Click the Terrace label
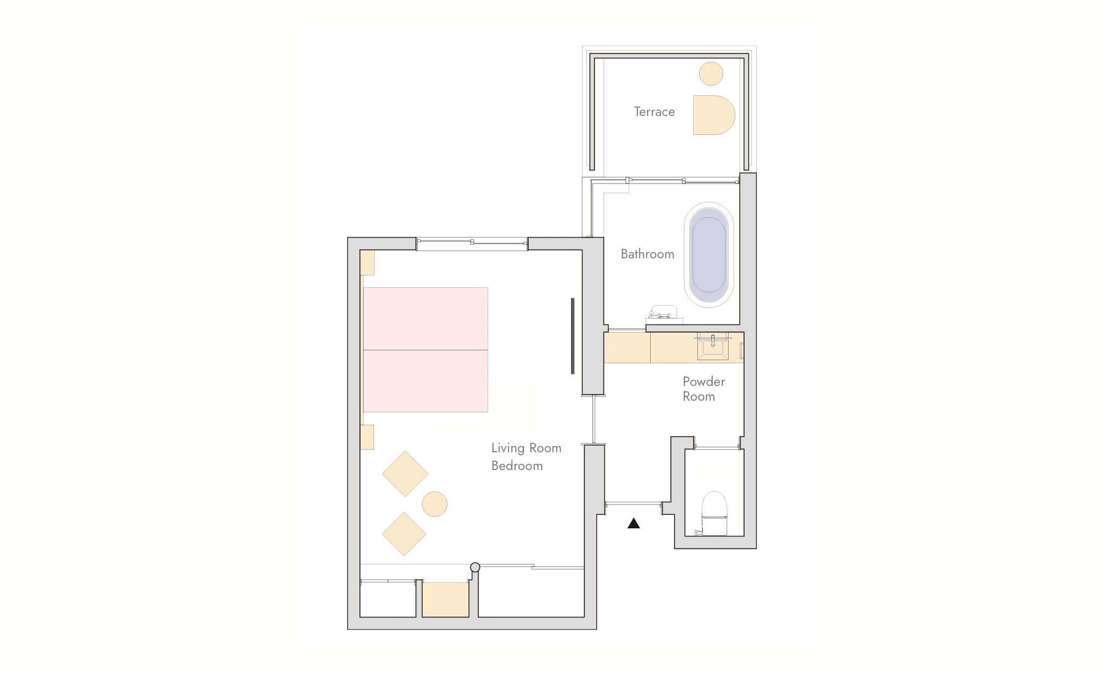tap(654, 112)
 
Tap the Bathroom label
tap(647, 254)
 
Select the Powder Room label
tap(703, 389)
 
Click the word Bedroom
tap(517, 466)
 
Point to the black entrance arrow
tap(634, 523)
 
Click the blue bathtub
tap(708, 255)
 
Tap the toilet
tap(714, 513)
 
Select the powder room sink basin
tap(713, 347)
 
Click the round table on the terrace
tap(711, 74)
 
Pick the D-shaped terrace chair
tap(713, 115)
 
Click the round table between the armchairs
tap(435, 504)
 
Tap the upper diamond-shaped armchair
tap(405, 474)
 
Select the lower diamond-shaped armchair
tap(404, 534)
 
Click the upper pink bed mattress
tap(426, 318)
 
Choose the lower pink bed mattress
tap(426, 381)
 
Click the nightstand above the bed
tap(367, 263)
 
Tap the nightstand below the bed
tap(367, 437)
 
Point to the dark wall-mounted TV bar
tap(572, 336)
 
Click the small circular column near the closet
tap(475, 568)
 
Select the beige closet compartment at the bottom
tap(445, 600)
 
